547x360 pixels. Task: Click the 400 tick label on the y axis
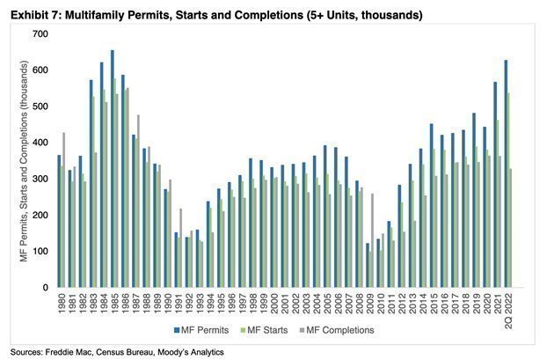coord(40,142)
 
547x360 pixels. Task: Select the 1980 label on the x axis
coord(61,305)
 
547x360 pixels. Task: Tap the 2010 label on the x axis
coord(378,305)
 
